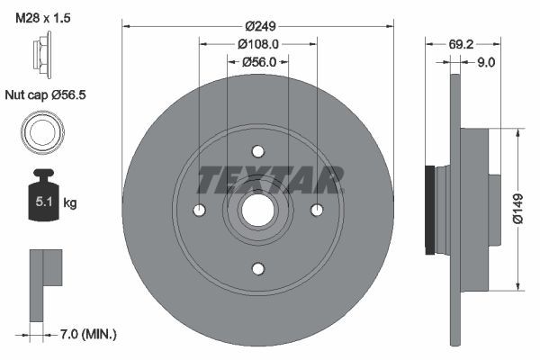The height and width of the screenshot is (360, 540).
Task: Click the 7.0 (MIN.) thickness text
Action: click(x=88, y=334)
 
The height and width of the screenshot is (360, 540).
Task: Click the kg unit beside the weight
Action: click(x=70, y=203)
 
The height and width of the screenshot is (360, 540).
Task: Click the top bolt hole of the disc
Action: click(x=258, y=151)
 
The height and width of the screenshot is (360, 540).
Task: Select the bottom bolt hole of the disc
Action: click(x=258, y=268)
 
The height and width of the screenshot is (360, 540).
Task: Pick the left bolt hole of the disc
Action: click(x=200, y=210)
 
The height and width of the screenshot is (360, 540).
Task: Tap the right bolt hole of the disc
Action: click(x=317, y=210)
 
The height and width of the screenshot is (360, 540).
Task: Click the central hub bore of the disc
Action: click(x=258, y=210)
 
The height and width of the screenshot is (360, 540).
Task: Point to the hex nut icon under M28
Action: click(x=42, y=58)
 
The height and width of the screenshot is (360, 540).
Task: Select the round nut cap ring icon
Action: click(x=41, y=134)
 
